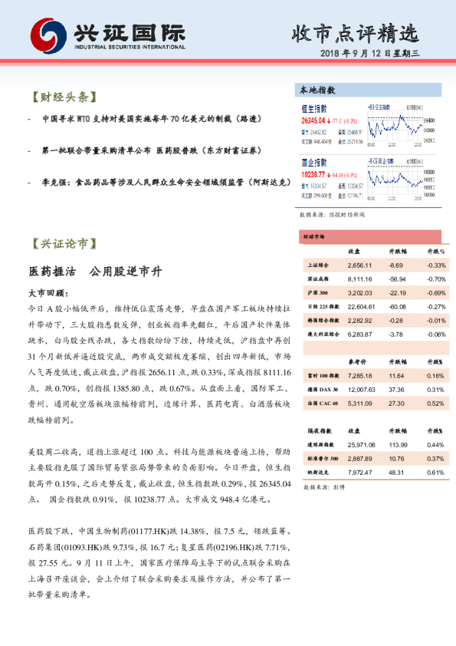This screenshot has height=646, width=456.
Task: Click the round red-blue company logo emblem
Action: click(x=47, y=34)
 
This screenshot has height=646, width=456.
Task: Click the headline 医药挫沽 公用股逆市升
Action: click(x=93, y=272)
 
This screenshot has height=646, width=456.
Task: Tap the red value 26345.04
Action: click(x=315, y=120)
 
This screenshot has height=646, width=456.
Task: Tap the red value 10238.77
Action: click(x=315, y=175)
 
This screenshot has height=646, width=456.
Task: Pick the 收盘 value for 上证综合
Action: click(x=359, y=265)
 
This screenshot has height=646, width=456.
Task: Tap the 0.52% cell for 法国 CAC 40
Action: click(x=434, y=404)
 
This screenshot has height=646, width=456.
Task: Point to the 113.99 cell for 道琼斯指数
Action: click(x=398, y=445)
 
